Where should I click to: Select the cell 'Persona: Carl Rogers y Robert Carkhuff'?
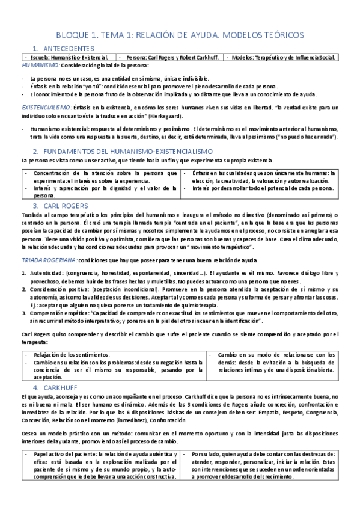[174, 57]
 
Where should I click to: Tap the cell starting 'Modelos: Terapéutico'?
[282, 57]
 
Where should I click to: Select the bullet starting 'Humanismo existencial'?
[180, 133]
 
